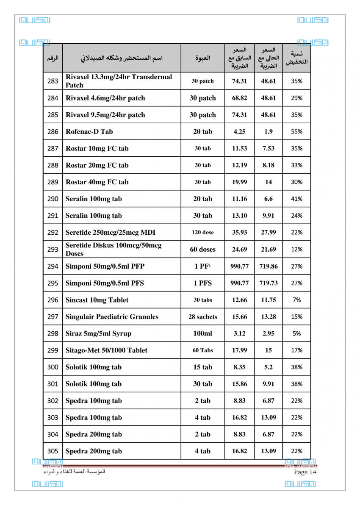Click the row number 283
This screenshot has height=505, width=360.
click(x=53, y=81)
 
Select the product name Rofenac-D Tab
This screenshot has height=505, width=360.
click(x=89, y=132)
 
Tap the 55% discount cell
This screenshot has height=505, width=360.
click(x=297, y=132)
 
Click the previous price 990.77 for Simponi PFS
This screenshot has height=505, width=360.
click(x=239, y=283)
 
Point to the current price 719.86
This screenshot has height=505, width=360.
click(x=269, y=266)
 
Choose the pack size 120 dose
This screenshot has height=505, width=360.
click(x=202, y=233)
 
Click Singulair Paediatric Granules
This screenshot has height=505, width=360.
click(x=112, y=317)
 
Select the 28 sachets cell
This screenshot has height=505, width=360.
click(x=202, y=317)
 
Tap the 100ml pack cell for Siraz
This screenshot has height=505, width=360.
click(x=202, y=333)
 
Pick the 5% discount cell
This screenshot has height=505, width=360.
click(x=297, y=333)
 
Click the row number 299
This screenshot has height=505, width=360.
click(x=53, y=350)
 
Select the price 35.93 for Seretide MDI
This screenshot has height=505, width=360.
click(x=239, y=233)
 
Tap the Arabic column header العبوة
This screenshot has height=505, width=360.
click(x=202, y=58)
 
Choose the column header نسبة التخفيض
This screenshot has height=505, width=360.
click(x=297, y=58)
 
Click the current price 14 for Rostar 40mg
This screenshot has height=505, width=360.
click(x=269, y=182)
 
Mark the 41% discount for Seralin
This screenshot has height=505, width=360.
click(x=297, y=199)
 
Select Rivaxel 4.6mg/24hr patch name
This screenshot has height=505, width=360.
click(x=105, y=98)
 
